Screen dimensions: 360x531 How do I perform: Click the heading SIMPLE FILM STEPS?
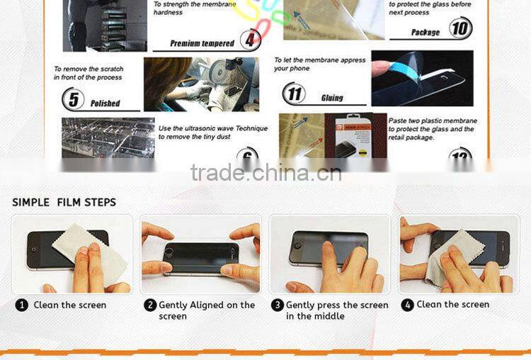(x=64, y=202)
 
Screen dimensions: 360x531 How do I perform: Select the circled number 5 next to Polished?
(x=72, y=99)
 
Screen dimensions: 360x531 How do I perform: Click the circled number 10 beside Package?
(x=459, y=29)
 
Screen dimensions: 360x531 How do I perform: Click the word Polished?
(x=105, y=103)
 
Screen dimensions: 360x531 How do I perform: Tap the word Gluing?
(x=331, y=98)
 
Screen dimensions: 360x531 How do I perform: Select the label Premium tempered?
(x=202, y=43)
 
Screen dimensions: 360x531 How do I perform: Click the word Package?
(x=426, y=32)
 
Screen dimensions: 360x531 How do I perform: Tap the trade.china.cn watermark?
(x=265, y=172)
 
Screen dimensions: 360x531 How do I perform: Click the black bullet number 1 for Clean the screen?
(x=22, y=305)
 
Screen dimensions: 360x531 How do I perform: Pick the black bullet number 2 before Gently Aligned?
(x=150, y=305)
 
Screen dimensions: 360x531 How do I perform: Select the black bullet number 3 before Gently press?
(x=278, y=305)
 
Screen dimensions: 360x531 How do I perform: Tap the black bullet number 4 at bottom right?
(x=407, y=305)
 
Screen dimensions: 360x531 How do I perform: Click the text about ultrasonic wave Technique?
(x=212, y=133)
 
